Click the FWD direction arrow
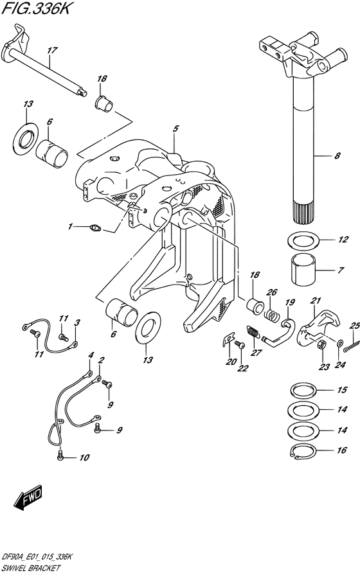point(28,498)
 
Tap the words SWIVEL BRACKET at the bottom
point(30,569)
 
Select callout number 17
point(53,50)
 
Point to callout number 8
point(337,156)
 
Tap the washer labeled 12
point(304,240)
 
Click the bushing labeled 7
point(304,270)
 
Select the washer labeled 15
point(304,390)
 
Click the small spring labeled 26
point(271,314)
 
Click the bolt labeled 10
point(61,456)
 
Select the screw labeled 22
point(239,344)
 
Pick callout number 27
point(256,353)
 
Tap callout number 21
point(316,301)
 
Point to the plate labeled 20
point(229,339)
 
